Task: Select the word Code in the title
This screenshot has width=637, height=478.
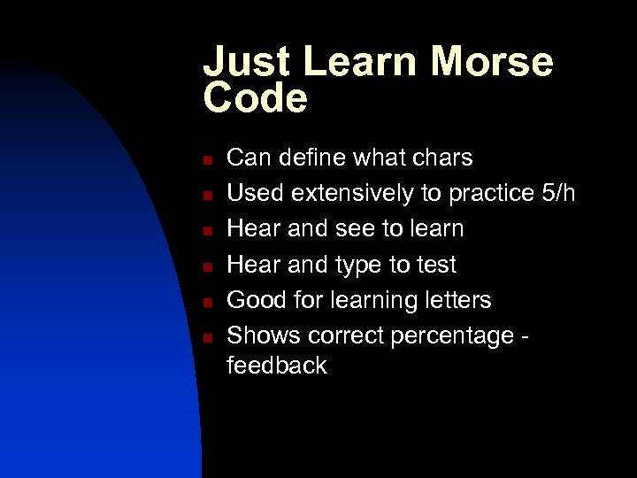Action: pyautogui.click(x=256, y=98)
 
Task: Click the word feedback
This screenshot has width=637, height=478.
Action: pyautogui.click(x=277, y=365)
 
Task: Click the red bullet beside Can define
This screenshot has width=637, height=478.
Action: pyautogui.click(x=204, y=159)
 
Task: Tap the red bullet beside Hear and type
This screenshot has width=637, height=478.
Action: pyautogui.click(x=204, y=266)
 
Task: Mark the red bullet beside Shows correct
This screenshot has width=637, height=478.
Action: pyautogui.click(x=204, y=337)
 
